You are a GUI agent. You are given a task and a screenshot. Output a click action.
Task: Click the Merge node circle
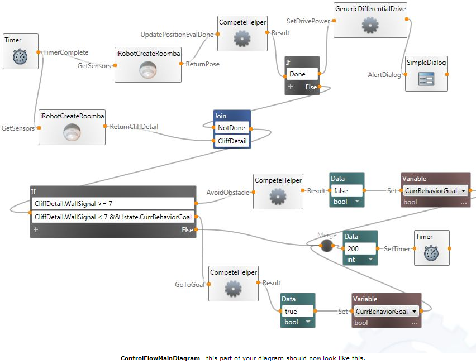tap(326, 246)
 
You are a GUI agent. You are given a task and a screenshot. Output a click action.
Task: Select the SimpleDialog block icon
tap(426, 80)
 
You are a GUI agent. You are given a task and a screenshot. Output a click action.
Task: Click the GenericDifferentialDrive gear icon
tap(369, 26)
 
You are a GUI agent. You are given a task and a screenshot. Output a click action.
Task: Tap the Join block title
tap(221, 116)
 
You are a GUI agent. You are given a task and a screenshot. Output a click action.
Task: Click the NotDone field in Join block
tap(231, 128)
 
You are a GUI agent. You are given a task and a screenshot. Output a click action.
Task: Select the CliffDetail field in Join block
tap(231, 141)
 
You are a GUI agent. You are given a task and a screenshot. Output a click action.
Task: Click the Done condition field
tap(302, 74)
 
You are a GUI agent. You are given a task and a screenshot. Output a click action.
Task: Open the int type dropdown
tap(369, 260)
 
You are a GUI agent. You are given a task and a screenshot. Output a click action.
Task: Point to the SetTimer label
tap(397, 248)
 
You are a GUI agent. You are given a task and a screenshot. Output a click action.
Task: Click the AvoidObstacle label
tap(228, 193)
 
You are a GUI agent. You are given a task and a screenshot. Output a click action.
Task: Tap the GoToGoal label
tap(191, 285)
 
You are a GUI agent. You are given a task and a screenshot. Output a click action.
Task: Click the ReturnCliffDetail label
tap(134, 127)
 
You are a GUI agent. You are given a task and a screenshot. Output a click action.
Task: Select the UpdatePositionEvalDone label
tap(177, 35)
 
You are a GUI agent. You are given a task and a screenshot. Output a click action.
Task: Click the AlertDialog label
tap(384, 74)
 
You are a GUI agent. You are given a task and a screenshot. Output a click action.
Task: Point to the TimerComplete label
tap(66, 52)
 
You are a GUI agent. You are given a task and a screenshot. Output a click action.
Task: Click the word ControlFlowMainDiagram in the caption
tap(160, 358)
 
